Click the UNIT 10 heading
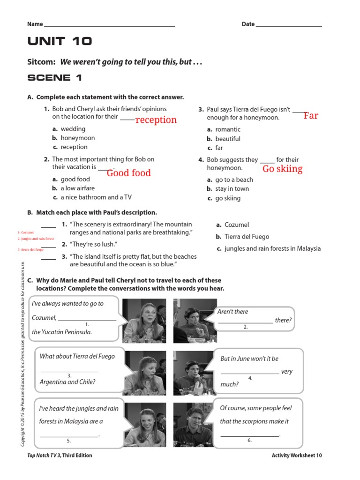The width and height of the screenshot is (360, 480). [60, 41]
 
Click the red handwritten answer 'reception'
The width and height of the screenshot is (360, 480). [156, 120]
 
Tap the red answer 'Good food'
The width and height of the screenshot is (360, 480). [128, 173]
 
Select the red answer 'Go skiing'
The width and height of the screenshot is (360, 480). [282, 169]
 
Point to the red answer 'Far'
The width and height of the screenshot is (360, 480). [310, 116]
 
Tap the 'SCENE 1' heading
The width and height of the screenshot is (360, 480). [55, 78]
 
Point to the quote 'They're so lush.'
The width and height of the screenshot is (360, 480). [93, 244]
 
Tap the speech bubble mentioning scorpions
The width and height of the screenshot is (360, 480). [255, 420]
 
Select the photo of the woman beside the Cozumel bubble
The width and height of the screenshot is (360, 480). [144, 321]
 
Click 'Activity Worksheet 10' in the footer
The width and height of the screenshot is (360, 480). [296, 455]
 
